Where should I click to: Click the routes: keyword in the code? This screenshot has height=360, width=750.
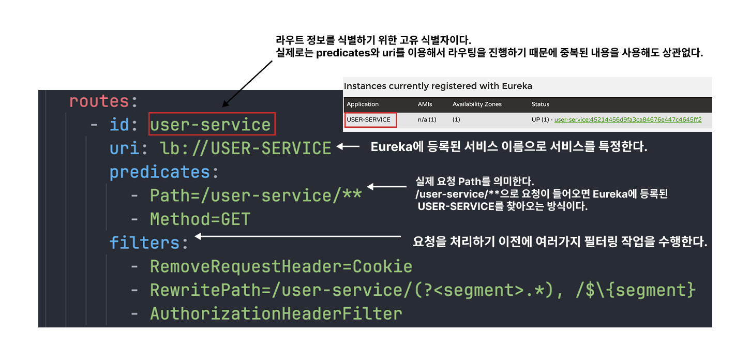click(x=103, y=101)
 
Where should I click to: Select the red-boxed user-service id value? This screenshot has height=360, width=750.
click(x=211, y=125)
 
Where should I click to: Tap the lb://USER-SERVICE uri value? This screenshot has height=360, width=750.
click(x=245, y=148)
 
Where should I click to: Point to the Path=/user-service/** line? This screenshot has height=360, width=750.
click(x=256, y=196)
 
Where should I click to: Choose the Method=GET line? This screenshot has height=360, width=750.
click(x=200, y=219)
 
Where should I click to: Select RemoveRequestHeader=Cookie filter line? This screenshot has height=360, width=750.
click(x=281, y=266)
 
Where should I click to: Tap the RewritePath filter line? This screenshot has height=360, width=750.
click(x=422, y=290)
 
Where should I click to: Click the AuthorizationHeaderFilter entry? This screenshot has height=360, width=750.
click(x=276, y=313)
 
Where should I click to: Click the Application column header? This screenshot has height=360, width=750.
click(x=363, y=104)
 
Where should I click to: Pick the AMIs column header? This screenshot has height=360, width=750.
click(x=425, y=104)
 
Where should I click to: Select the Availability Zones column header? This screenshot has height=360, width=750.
click(x=477, y=104)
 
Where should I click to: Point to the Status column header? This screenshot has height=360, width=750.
click(x=540, y=104)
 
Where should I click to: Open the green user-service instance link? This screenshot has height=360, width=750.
click(x=628, y=120)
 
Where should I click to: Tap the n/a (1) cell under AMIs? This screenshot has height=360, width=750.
click(x=427, y=120)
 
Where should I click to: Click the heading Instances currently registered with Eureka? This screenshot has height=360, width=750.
click(x=438, y=86)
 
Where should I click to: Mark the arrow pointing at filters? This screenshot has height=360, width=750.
click(x=297, y=237)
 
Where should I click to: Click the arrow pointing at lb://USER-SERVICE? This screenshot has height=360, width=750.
click(x=348, y=147)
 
